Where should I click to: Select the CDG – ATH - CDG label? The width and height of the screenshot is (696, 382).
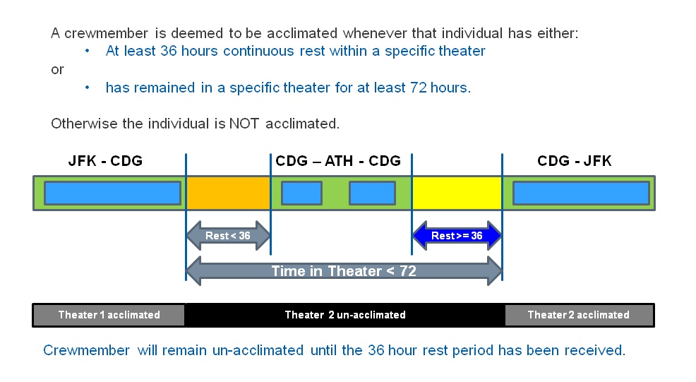[x=338, y=161]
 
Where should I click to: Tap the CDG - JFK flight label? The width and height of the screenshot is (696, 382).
[x=574, y=161]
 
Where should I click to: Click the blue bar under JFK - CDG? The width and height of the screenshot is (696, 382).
[x=112, y=193]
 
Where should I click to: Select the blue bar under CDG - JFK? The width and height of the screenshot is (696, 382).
[x=580, y=193]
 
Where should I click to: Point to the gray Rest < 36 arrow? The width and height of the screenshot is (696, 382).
[x=228, y=236]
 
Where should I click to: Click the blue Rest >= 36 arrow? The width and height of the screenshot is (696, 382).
[x=457, y=236]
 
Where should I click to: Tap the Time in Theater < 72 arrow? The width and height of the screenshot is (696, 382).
[x=344, y=271]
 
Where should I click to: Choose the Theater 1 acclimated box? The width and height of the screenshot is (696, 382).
[x=109, y=315]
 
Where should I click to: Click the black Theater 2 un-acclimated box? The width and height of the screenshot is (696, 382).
[x=344, y=315]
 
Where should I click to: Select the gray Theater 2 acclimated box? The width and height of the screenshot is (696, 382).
[x=578, y=315]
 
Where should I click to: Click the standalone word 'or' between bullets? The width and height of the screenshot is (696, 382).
[x=57, y=69]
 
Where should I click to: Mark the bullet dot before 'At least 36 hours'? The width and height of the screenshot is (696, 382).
[x=87, y=51]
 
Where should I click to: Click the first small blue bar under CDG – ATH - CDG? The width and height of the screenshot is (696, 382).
[x=301, y=193]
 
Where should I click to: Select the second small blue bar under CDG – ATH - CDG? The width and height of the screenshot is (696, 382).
[x=372, y=193]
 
